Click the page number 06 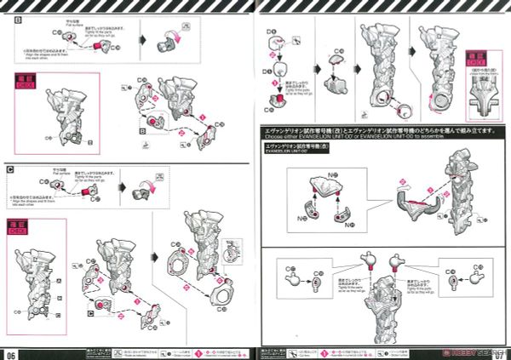pos(11,352)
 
